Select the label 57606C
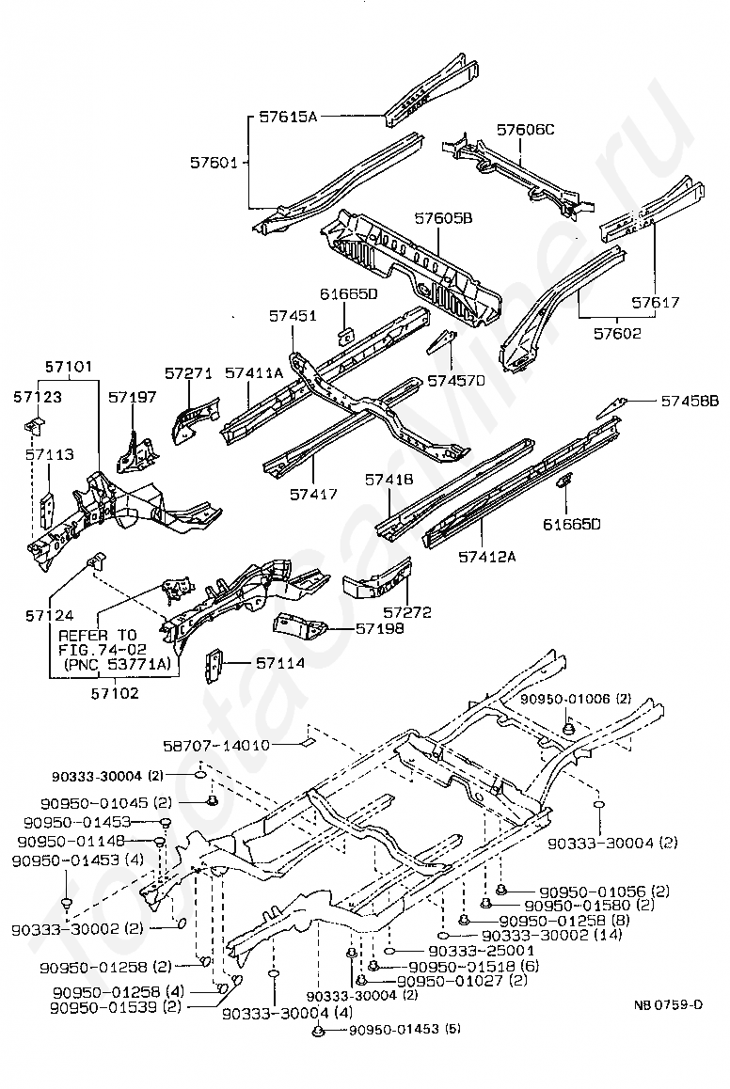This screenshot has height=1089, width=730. tap(525, 130)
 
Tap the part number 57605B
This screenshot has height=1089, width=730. tap(443, 218)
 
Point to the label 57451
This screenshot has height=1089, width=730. tap(293, 315)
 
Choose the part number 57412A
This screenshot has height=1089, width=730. tap(487, 556)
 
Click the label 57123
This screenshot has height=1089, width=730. tap(38, 397)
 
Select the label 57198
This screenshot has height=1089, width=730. tap(380, 628)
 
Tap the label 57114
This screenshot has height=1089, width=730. tap(280, 663)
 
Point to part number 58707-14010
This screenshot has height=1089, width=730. tap(216, 745)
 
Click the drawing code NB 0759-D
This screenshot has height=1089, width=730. tap(668, 1004)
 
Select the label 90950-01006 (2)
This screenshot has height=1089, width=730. tap(576, 699)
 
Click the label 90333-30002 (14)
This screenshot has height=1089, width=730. tap(552, 935)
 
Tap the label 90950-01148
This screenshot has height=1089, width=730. tap(71, 841)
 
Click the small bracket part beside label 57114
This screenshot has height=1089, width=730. tap(214, 666)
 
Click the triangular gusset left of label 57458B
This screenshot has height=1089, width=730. tap(611, 408)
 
